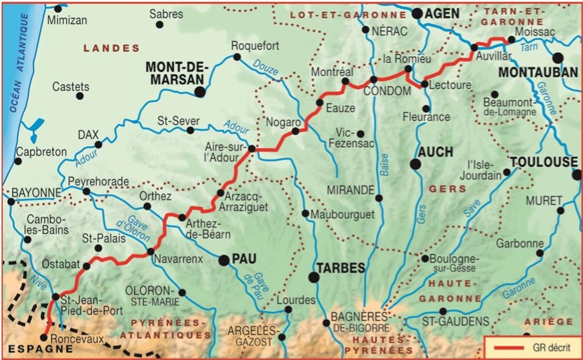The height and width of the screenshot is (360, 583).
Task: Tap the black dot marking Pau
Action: pos(223,261)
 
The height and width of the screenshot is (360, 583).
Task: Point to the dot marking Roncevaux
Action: pos(45,338)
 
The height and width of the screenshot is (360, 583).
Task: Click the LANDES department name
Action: pos(112,48)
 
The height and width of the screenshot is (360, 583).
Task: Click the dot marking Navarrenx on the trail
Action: pos(150,252)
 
